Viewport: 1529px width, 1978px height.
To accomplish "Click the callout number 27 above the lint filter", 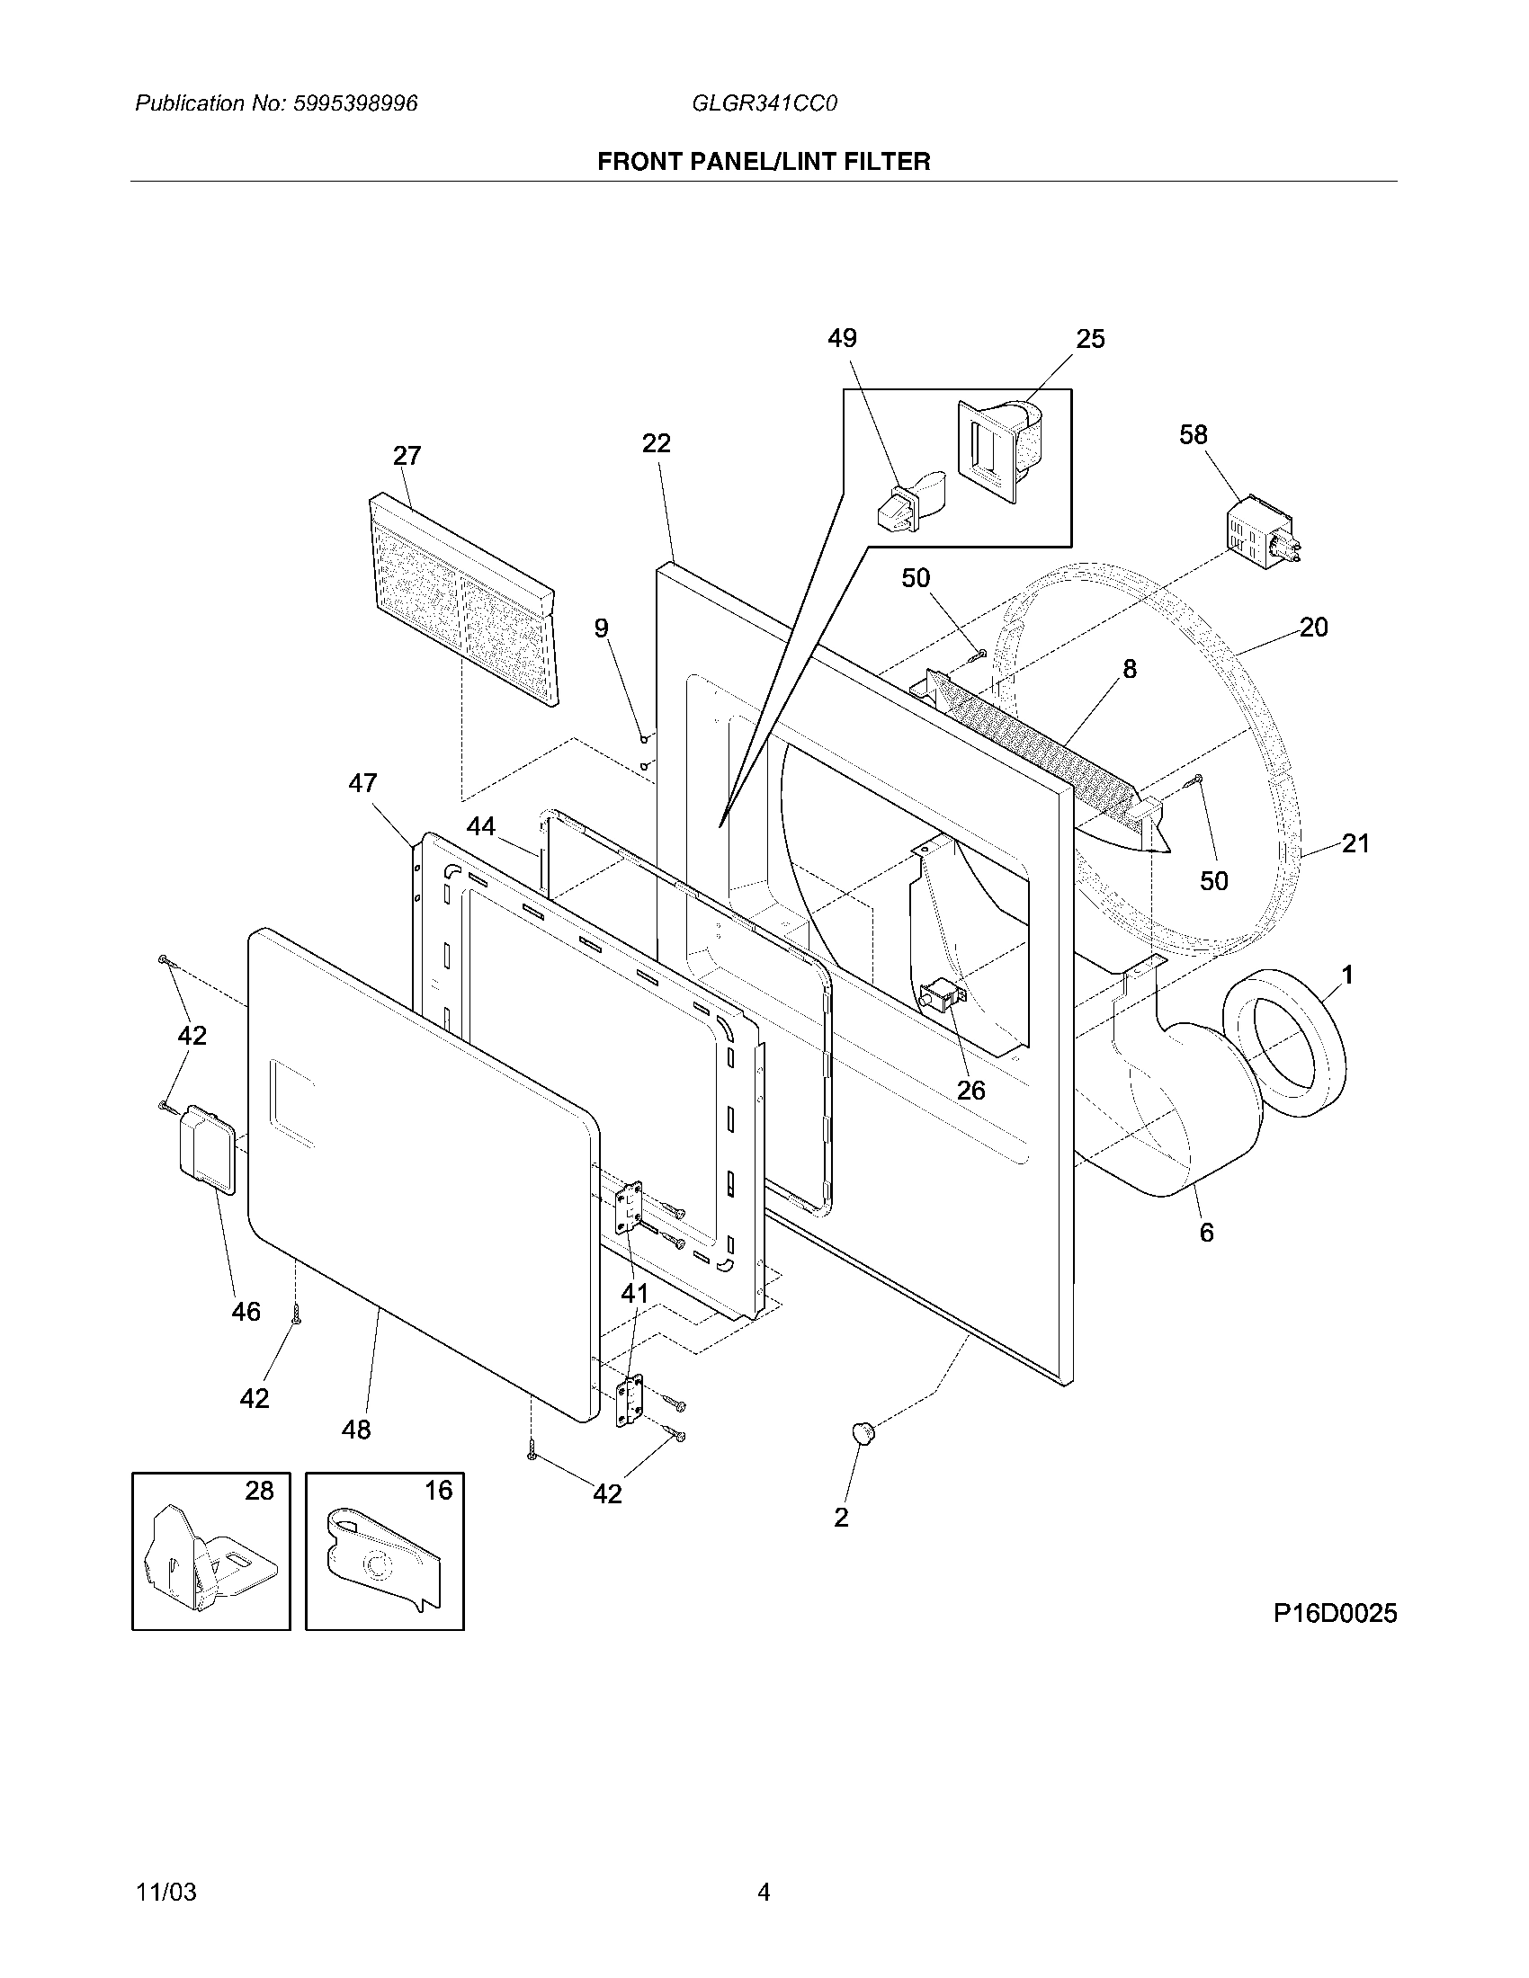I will pos(407,455).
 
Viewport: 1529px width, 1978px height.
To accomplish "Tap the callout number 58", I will pos(1193,435).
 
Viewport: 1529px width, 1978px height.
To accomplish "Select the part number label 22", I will pos(656,443).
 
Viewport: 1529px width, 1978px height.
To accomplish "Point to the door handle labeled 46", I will pos(208,1148).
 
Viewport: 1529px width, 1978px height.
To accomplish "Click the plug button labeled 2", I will pos(863,1433).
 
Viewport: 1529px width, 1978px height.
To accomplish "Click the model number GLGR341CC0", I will pos(764,103).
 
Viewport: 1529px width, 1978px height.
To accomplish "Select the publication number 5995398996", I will pos(355,103).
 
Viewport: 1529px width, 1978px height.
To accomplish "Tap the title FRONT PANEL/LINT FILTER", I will pos(764,161).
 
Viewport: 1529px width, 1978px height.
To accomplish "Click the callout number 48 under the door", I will pos(356,1430).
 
